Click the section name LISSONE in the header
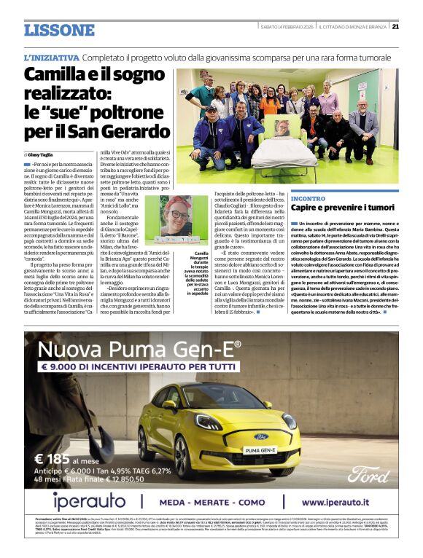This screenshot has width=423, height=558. [59, 30]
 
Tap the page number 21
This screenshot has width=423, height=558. [395, 27]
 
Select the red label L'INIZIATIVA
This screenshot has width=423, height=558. [51, 57]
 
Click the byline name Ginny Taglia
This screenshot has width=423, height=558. [42, 154]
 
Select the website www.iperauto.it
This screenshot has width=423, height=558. [344, 503]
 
